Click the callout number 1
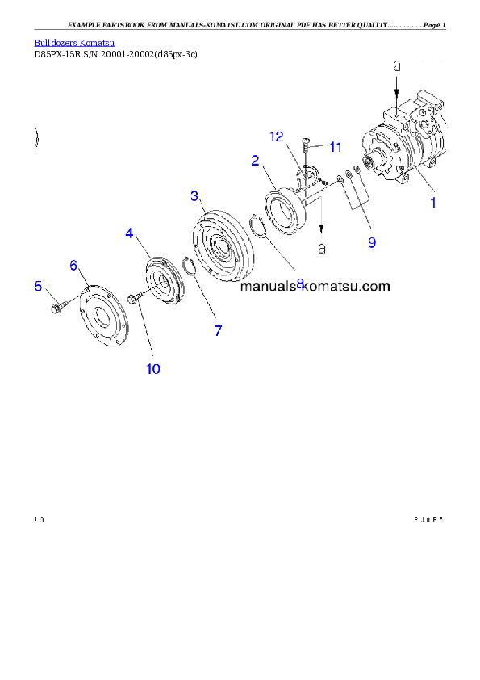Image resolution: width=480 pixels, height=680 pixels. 432,203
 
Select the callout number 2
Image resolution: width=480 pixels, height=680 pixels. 255,161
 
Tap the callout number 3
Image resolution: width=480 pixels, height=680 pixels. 194,195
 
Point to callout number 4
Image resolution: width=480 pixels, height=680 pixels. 129,233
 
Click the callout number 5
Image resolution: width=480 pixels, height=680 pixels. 37,286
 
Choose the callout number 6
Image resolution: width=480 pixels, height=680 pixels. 73,265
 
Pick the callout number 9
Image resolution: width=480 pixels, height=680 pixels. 372,241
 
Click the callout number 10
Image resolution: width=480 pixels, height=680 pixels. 152,369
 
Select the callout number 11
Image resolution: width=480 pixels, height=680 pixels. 335,147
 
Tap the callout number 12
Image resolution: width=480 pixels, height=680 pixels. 277,136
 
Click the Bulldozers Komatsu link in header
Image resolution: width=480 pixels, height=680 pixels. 74,42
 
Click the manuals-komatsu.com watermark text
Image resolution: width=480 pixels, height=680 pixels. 315,286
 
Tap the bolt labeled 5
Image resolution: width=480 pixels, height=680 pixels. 58,308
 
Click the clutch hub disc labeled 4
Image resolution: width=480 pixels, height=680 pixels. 164,283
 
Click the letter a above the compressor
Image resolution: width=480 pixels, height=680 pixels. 397,67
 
